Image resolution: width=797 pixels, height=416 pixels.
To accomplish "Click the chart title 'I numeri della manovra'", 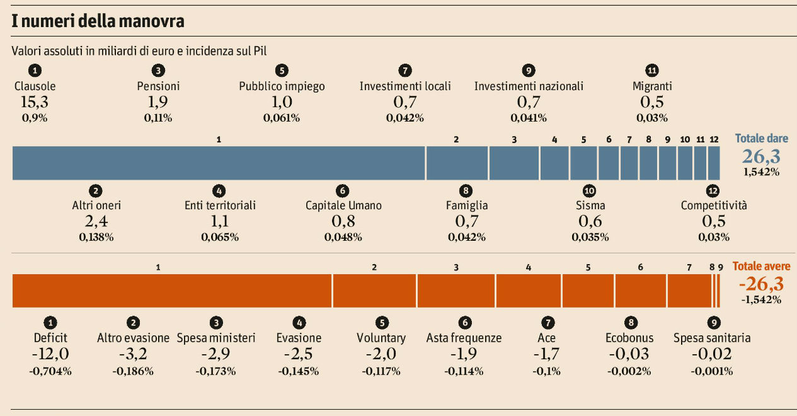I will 98,21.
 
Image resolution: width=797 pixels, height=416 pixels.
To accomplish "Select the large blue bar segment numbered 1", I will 219,163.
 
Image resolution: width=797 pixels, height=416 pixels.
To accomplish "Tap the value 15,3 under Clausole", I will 35,101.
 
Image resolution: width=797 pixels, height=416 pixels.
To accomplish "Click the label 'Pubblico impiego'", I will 282,86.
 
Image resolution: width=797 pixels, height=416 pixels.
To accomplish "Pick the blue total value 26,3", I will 761,156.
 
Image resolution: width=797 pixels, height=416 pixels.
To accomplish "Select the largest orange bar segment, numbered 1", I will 172,291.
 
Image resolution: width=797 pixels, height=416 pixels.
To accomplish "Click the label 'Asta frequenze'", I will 464,338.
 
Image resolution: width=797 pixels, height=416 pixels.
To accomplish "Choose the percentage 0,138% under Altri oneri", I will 96,238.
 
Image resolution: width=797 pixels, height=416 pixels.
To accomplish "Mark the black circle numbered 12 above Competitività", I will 713,190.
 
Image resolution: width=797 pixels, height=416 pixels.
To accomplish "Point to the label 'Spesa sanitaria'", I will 712,338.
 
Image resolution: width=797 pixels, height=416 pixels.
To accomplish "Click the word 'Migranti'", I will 652,86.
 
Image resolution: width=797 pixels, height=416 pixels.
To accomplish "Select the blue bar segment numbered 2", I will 457,163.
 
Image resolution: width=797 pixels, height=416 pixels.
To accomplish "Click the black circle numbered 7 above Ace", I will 547,323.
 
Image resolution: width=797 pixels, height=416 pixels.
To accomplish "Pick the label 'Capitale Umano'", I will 343,205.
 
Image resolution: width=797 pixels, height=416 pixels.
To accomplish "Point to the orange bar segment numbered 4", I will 529,291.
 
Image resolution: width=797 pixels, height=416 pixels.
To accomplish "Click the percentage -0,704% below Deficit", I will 50,371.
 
